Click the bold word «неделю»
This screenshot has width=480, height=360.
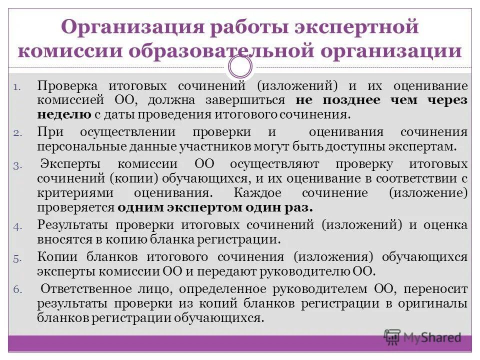point(63,114)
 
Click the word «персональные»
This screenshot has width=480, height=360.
point(77,146)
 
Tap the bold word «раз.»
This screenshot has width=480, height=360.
point(298,207)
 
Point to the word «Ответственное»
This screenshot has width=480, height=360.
point(86,289)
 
